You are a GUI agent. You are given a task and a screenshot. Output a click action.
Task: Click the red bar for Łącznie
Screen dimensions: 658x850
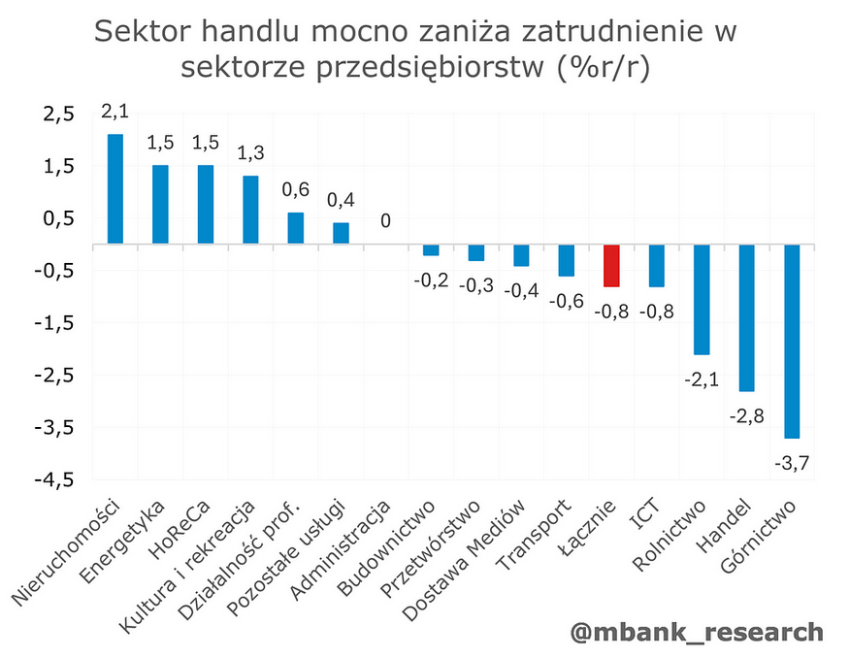tap(611, 266)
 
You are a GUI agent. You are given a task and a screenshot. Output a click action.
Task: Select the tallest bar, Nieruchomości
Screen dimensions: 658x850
tap(115, 188)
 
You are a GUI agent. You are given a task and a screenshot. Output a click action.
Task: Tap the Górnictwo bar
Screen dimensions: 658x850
tap(793, 341)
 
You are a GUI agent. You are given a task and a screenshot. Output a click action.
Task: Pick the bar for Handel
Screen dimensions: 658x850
tap(747, 317)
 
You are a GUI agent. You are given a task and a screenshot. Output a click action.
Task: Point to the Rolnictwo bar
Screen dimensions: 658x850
tap(702, 299)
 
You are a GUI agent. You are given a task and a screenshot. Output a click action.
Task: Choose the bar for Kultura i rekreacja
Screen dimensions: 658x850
tap(250, 210)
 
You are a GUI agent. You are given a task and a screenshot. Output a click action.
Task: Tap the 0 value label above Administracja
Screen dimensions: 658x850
tap(385, 221)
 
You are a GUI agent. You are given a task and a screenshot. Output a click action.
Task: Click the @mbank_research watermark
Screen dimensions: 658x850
tap(696, 632)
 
